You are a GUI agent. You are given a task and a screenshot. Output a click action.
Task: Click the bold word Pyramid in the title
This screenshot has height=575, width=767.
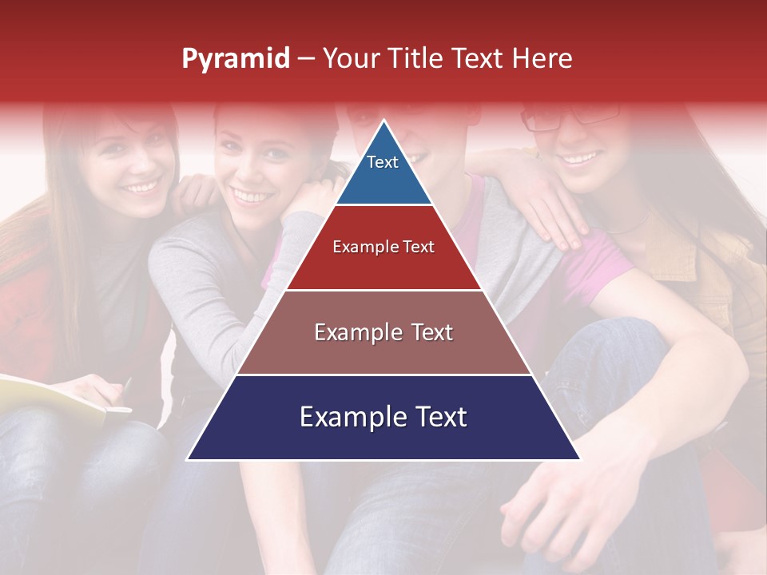(x=235, y=59)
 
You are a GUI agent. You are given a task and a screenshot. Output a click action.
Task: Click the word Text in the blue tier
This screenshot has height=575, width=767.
(x=383, y=162)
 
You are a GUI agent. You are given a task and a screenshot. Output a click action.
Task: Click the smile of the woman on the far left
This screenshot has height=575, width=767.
(x=141, y=188)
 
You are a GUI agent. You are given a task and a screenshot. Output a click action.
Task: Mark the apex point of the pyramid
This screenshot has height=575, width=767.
(x=383, y=121)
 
